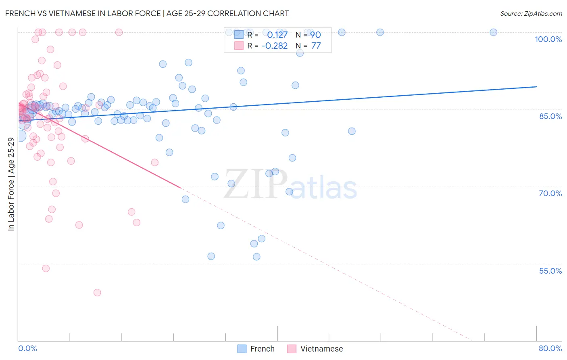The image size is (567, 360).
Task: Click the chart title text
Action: (147, 13)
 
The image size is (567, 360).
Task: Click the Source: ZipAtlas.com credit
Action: (531, 13)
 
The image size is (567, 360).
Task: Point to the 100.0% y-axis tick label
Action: (548, 39)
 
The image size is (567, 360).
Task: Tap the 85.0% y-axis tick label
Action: (550, 116)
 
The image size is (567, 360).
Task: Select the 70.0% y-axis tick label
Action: (550, 193)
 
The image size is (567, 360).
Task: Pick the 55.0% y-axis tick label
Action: (550, 271)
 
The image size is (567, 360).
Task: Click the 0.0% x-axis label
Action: (27, 348)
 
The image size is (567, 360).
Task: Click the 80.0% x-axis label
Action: (550, 348)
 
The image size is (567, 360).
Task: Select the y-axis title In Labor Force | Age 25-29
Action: (11, 184)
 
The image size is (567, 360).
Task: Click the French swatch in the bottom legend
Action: (242, 349)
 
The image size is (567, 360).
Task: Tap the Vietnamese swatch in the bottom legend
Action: (292, 349)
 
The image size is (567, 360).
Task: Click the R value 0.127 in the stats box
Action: (277, 35)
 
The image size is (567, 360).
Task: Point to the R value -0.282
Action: (274, 46)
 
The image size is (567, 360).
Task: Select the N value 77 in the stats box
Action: (316, 46)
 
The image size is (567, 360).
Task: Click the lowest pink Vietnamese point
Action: (97, 293)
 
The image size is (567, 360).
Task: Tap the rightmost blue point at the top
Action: (493, 32)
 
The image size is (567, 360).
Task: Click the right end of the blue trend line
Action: (536, 87)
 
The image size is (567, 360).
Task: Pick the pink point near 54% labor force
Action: (46, 268)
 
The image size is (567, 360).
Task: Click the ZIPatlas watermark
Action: (290, 185)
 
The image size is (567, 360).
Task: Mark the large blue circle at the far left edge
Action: (20, 136)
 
